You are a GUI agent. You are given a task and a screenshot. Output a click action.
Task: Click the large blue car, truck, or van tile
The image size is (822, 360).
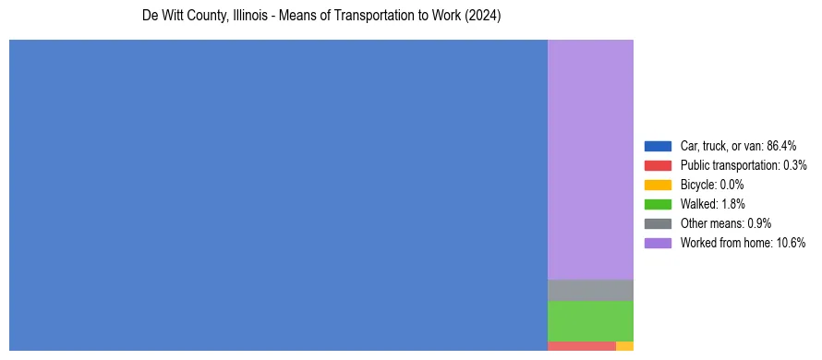click(278, 195)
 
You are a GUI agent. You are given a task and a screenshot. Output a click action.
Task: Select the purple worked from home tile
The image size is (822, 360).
click(590, 159)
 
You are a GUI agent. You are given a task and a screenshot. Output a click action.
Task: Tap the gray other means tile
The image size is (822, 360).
click(590, 290)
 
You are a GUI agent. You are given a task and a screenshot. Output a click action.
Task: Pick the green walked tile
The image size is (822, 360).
click(590, 320)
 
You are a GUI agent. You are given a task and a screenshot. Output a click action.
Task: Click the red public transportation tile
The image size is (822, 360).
click(581, 346)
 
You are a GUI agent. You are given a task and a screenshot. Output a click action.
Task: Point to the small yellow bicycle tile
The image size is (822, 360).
click(624, 346)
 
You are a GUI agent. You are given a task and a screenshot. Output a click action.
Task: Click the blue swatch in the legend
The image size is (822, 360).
click(658, 146)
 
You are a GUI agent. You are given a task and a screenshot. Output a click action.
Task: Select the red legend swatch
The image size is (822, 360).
click(658, 165)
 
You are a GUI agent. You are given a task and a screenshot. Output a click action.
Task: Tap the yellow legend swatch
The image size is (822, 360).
click(658, 185)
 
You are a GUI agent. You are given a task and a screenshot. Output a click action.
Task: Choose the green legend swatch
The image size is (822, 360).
click(658, 204)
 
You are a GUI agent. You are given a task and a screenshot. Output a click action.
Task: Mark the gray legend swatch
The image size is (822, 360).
click(658, 223)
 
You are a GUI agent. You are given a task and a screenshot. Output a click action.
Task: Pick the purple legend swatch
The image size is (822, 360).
click(658, 243)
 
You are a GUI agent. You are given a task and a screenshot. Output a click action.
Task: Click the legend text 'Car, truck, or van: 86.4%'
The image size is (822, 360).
click(738, 146)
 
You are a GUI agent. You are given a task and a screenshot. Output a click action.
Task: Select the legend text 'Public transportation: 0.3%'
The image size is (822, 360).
click(743, 165)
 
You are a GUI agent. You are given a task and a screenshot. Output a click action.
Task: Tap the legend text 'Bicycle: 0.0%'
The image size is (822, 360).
click(712, 185)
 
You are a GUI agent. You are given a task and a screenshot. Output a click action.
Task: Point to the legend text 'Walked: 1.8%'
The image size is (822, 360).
click(712, 204)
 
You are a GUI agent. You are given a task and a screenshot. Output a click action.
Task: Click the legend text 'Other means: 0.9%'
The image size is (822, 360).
click(725, 223)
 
